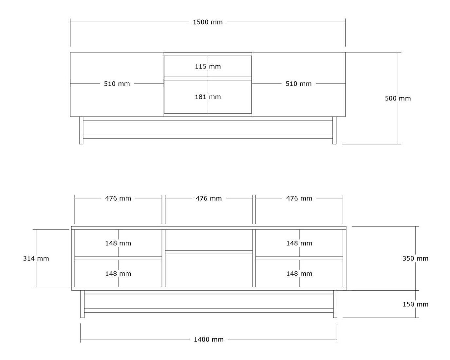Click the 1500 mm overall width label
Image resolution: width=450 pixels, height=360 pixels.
pos(208,22)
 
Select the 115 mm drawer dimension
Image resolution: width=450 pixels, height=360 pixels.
pos(208,66)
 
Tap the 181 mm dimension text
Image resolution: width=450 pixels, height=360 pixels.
pos(208,97)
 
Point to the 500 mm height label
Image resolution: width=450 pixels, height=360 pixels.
pos(398,99)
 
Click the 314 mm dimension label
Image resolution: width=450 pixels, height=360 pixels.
pos(36,259)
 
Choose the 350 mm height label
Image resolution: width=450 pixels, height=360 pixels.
pos(415,259)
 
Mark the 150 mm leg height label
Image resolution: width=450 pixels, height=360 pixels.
pos(415,304)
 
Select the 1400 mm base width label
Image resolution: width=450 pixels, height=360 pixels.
pos(209,339)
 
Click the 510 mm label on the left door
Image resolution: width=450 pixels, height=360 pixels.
pos(117,84)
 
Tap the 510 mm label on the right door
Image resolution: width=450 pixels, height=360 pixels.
pos(298,84)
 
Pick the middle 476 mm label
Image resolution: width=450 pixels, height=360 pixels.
pos(209,198)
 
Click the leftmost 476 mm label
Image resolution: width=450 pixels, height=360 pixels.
pos(118,198)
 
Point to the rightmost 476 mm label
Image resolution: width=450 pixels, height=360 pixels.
pos(299,198)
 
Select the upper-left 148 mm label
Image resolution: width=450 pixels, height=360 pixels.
pos(118,243)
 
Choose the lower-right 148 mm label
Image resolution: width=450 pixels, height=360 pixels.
pos(299,274)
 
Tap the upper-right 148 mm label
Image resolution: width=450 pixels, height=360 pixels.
pos(299,243)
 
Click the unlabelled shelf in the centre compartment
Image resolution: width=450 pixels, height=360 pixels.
pos(209,252)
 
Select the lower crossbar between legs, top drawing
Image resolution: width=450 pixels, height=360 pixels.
pos(208,137)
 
